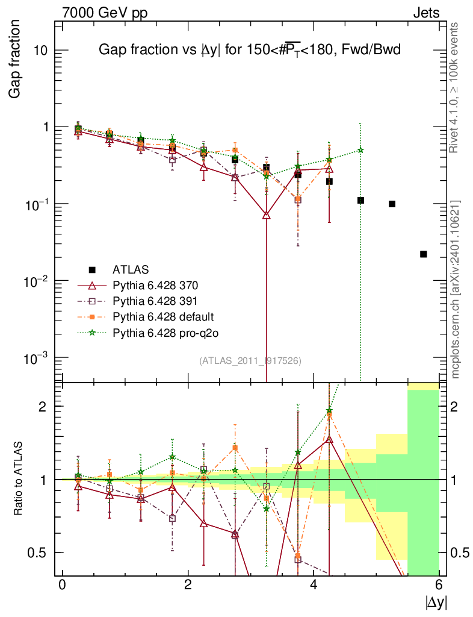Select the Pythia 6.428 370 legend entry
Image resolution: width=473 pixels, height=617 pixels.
point(156,285)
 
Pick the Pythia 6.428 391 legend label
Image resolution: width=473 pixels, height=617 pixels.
point(156,301)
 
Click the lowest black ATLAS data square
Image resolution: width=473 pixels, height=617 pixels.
point(424,254)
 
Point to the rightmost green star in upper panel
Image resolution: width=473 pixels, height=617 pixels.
point(360,150)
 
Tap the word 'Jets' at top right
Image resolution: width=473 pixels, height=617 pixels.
point(425,13)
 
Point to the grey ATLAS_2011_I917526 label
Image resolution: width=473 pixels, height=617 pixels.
point(250,360)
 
